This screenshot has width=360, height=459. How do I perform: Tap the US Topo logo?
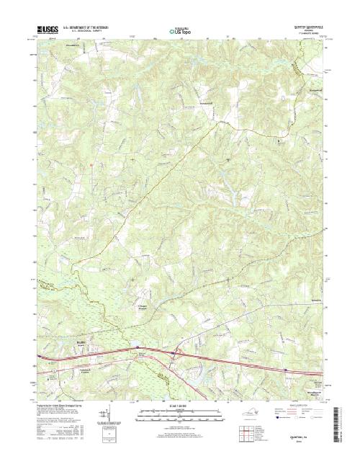click(x=180, y=32)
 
